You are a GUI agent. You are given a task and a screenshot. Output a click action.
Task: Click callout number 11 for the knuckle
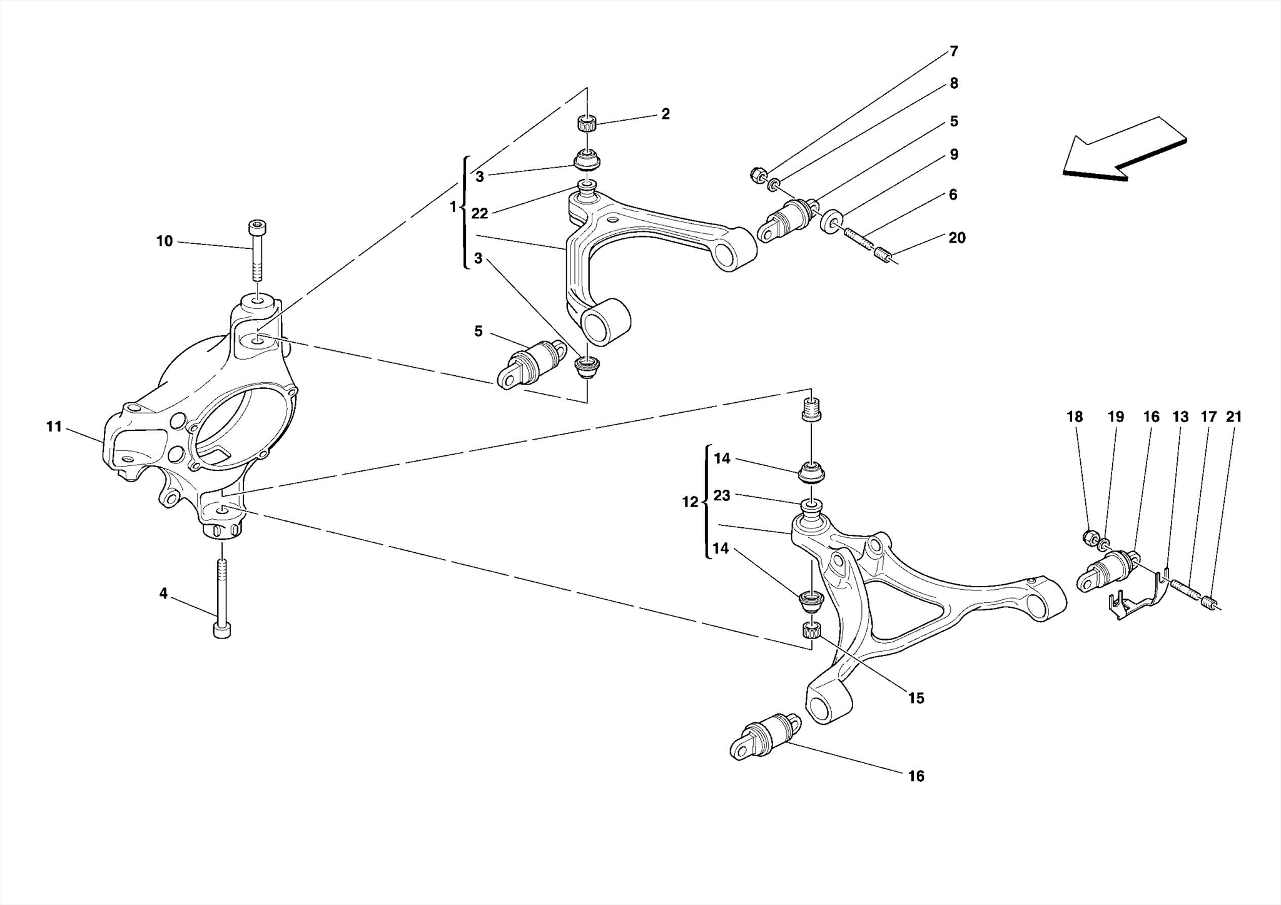click(54, 427)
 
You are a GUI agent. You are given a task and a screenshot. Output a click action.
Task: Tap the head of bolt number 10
click(256, 226)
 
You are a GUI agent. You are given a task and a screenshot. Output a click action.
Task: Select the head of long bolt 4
click(222, 630)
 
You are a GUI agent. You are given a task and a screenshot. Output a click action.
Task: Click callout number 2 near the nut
click(665, 114)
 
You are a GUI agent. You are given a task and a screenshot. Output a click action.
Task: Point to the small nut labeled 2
click(587, 123)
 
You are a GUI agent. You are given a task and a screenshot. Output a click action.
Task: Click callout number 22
click(479, 214)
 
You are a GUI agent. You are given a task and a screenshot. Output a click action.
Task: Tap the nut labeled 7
click(756, 174)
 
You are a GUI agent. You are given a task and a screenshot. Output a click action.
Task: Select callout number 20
click(956, 238)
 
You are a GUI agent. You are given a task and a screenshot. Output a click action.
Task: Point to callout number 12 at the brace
click(689, 502)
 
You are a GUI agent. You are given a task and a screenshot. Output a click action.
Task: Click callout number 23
click(722, 495)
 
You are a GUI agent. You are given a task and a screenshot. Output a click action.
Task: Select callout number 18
click(1074, 417)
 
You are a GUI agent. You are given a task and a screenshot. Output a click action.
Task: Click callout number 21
click(1233, 417)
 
